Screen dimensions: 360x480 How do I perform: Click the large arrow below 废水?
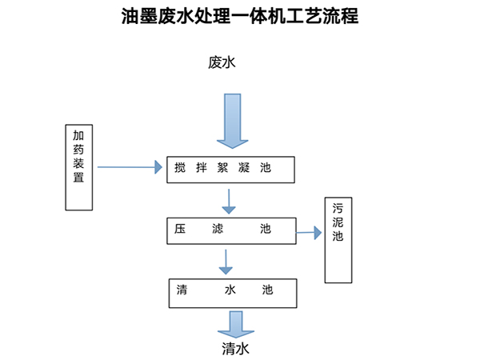coord(230,120)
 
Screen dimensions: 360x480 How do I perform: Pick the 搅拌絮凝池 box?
coord(230,170)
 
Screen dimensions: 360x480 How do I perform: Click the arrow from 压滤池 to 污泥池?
coord(310,233)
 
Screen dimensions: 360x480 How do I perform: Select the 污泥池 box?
coord(338,240)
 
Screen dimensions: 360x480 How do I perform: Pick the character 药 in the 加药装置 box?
coord(78,150)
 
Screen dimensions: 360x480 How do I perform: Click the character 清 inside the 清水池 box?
coord(182,290)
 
